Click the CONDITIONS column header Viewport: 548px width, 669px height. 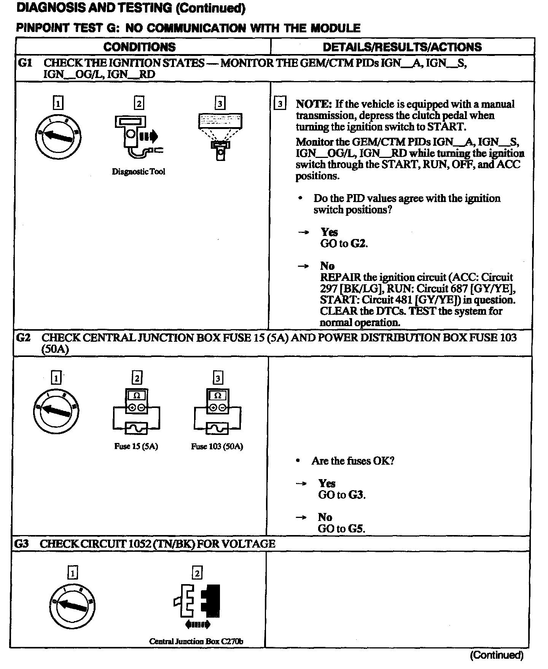tap(139, 47)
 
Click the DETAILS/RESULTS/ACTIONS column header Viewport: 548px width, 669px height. tap(402, 47)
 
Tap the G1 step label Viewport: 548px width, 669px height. tap(25, 63)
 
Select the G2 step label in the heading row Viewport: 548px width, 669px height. tap(23, 338)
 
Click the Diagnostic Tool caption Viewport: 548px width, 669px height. tap(139, 172)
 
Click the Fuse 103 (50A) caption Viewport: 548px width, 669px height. tap(217, 446)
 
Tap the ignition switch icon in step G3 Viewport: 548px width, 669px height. tap(72, 606)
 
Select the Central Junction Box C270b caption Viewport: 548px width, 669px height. tap(196, 641)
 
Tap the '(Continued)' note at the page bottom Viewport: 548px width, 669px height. tap(497, 655)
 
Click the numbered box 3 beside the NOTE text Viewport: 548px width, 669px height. tap(280, 104)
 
